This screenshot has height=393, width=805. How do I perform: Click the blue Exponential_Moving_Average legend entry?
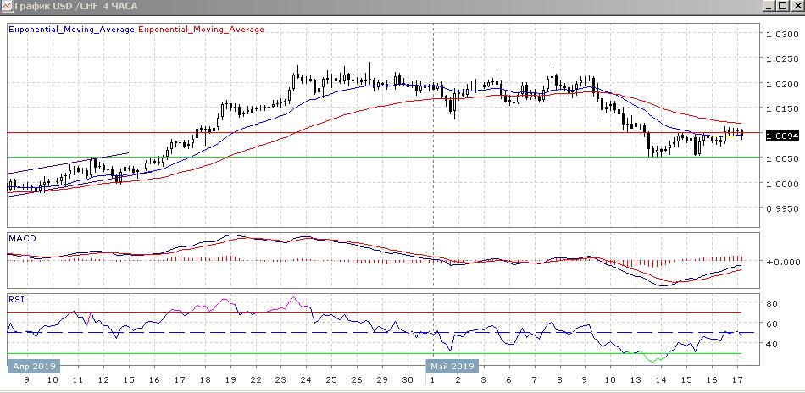click(x=70, y=30)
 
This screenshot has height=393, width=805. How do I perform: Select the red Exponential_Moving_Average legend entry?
click(x=201, y=30)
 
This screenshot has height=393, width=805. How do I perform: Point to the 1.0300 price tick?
click(x=782, y=35)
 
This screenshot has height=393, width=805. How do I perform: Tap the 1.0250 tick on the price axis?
click(x=782, y=59)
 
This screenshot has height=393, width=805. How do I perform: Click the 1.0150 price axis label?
click(x=782, y=109)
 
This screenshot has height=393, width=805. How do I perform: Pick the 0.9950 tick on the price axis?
click(x=782, y=208)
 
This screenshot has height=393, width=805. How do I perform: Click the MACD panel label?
click(x=20, y=239)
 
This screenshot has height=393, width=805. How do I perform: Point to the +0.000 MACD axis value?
click(x=782, y=261)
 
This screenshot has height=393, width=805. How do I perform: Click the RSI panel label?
click(x=16, y=299)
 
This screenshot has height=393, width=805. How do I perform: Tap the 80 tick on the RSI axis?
click(x=773, y=302)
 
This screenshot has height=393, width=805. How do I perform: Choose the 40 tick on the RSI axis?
click(x=773, y=344)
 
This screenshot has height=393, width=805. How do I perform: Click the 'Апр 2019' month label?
click(x=33, y=367)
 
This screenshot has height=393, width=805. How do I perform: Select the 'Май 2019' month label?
click(x=452, y=367)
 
